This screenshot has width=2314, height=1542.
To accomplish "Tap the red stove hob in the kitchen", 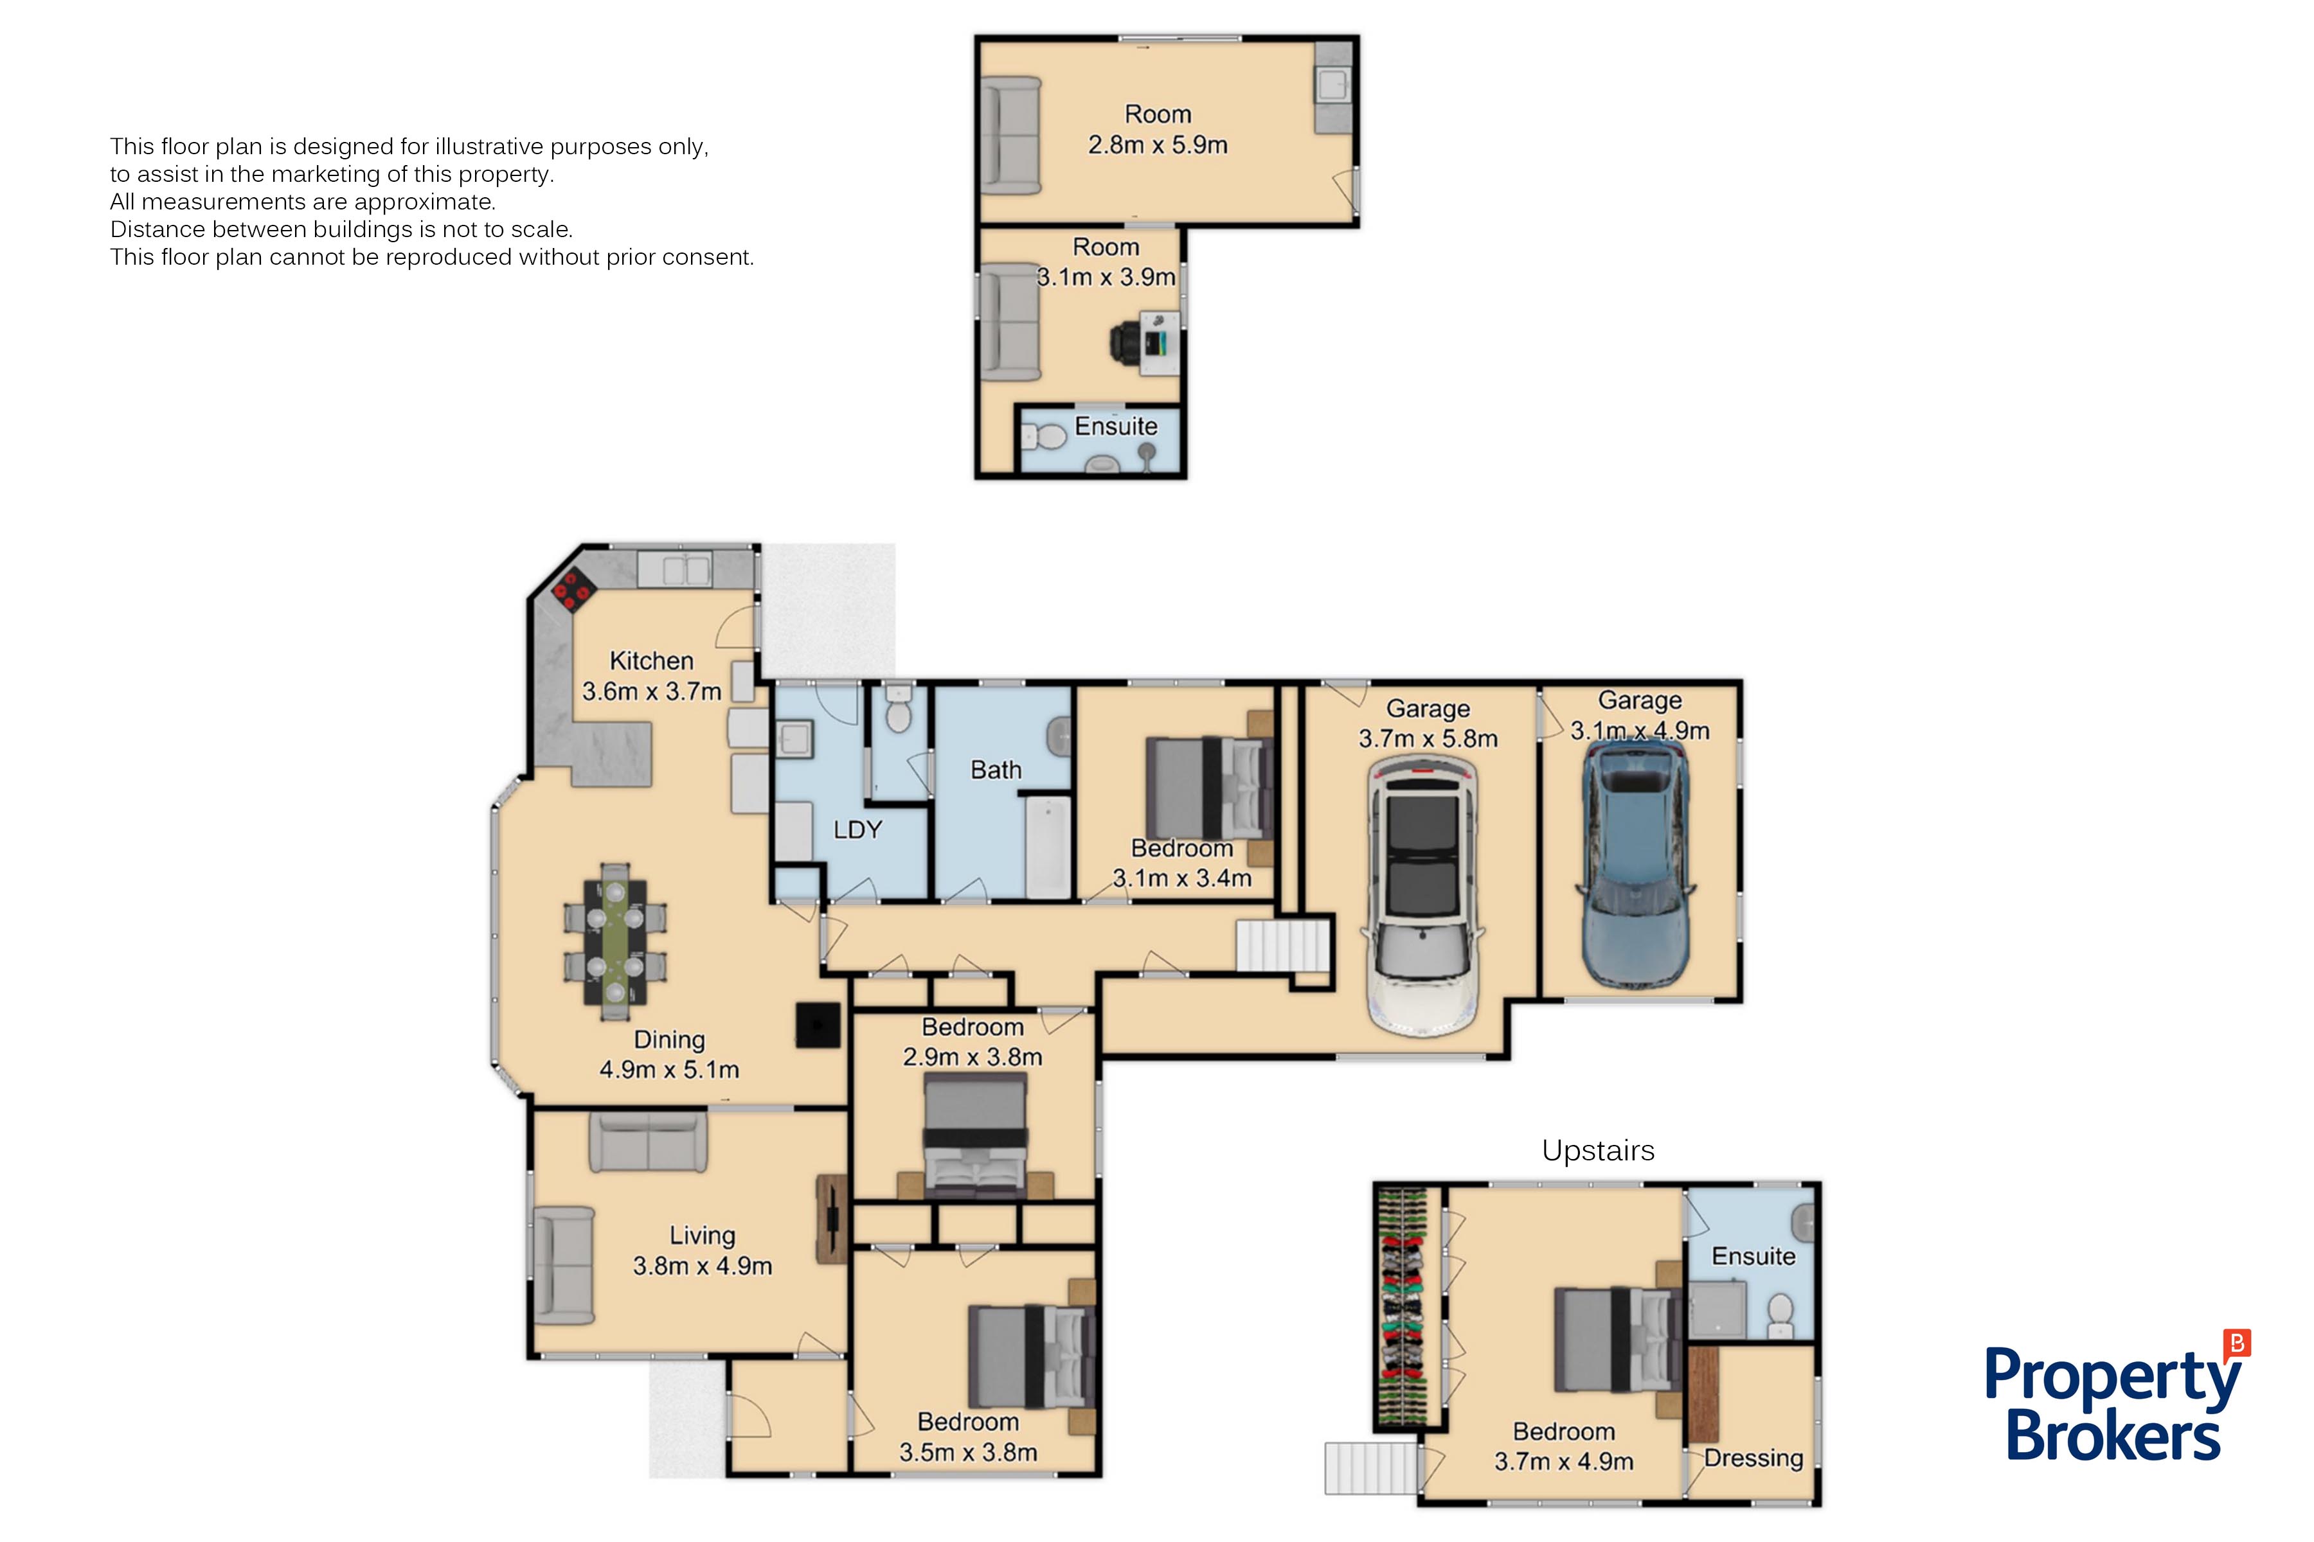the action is click(x=573, y=592).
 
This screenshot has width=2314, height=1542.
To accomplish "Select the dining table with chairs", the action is click(x=615, y=942).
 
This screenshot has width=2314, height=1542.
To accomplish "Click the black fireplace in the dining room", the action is click(x=818, y=1025).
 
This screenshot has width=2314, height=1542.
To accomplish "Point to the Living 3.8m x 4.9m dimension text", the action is click(x=703, y=1266).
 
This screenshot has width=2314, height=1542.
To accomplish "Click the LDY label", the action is click(x=857, y=830).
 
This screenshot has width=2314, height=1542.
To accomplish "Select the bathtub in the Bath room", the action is click(x=1048, y=847).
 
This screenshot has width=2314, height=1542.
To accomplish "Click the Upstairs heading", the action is click(x=1598, y=1151).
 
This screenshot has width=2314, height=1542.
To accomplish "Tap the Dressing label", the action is click(x=1753, y=1458).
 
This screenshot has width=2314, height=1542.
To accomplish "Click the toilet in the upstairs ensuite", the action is click(x=1780, y=1315).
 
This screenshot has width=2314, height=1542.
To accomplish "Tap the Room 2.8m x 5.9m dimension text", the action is click(x=1158, y=145).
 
